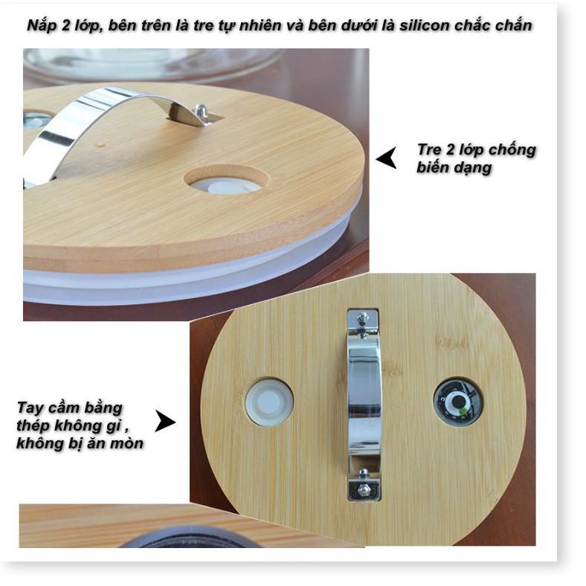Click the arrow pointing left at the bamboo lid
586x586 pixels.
[387, 158]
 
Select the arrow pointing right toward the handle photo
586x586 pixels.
[165, 422]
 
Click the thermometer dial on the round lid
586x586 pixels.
[457, 402]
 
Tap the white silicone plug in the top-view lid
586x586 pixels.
[269, 402]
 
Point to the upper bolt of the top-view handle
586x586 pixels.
[361, 318]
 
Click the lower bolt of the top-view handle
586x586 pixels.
[362, 489]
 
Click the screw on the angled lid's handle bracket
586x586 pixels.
[202, 111]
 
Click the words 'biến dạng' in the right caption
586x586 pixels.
[454, 167]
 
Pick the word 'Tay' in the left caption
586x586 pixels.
[30, 408]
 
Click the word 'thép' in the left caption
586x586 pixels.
[33, 425]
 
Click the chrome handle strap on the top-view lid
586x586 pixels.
[364, 405]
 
